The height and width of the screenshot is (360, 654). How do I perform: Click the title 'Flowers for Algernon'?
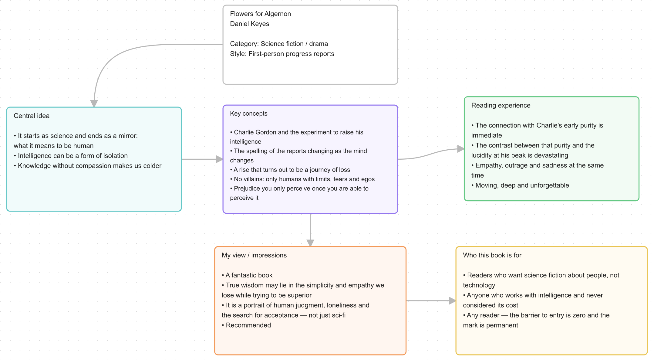click(x=260, y=14)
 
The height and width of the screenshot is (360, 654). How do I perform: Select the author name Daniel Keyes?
click(x=249, y=24)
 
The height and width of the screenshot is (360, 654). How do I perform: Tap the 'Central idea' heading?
click(x=32, y=116)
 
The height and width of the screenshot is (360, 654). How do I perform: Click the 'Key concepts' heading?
click(x=249, y=114)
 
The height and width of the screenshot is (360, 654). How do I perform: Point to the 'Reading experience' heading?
click(x=501, y=105)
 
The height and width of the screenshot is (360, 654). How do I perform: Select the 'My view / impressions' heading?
click(x=254, y=255)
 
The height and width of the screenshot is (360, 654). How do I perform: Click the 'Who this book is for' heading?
click(x=492, y=255)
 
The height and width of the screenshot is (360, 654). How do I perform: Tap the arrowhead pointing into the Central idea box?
click(x=94, y=104)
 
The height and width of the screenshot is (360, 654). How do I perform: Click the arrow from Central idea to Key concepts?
click(x=202, y=159)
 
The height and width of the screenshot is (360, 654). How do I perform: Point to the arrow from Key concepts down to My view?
click(x=310, y=230)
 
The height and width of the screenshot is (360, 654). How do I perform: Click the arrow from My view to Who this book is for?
click(x=431, y=301)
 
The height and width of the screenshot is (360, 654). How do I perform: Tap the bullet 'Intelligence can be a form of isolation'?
click(x=71, y=156)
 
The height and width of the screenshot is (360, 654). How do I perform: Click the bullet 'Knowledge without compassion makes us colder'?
click(x=88, y=166)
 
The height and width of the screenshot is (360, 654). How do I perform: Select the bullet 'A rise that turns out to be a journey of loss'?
click(x=290, y=170)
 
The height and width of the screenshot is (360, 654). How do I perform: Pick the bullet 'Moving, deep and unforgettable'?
click(x=520, y=185)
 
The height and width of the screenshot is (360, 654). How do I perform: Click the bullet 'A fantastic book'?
click(x=247, y=275)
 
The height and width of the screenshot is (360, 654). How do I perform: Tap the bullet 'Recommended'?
click(x=246, y=325)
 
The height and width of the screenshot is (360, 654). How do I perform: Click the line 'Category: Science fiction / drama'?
click(x=279, y=44)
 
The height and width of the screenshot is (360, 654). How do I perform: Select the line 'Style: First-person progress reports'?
click(x=282, y=54)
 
